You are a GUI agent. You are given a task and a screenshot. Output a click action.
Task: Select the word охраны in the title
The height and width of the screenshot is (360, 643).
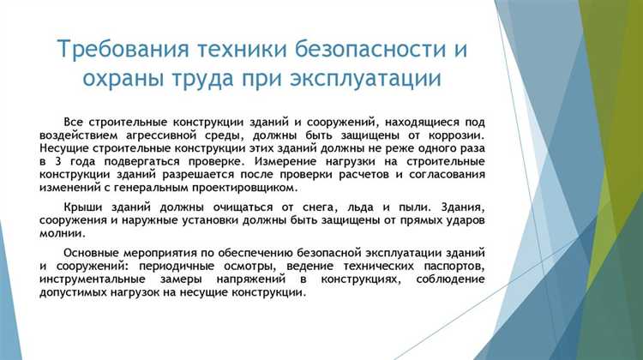click(114, 80)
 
